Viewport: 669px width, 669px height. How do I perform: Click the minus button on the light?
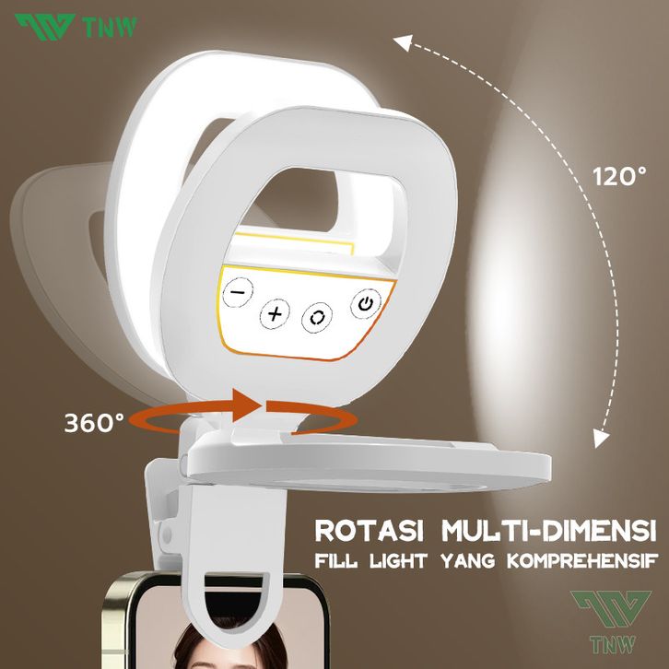(x=239, y=291)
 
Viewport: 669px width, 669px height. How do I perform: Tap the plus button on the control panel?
(x=275, y=314)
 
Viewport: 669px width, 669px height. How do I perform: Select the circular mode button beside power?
(x=320, y=315)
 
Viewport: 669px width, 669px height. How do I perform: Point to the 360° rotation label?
(x=94, y=422)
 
